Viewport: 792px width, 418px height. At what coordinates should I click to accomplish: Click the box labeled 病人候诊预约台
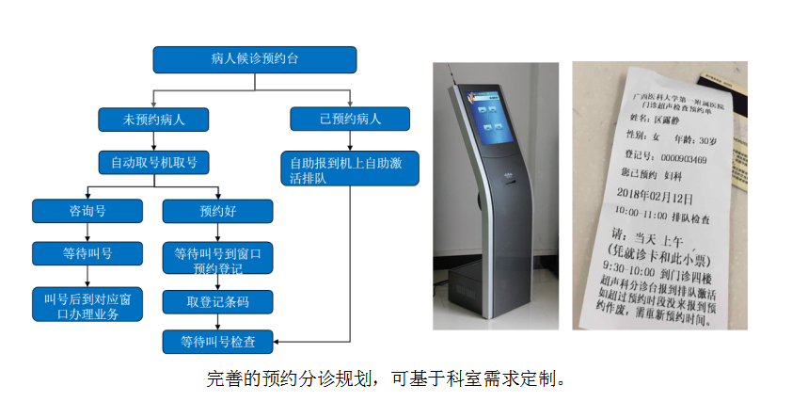click(255, 59)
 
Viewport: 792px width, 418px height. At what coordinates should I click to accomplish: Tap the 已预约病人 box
click(350, 119)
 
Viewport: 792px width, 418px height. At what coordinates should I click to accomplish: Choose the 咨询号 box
click(86, 211)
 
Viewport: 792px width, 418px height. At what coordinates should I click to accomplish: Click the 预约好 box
click(217, 211)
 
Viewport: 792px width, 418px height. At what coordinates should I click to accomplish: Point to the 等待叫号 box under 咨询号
click(86, 253)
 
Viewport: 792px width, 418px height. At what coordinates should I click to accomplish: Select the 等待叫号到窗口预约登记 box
click(217, 261)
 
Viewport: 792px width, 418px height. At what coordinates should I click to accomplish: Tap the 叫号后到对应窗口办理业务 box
click(86, 305)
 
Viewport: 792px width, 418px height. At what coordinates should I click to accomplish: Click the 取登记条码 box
click(217, 301)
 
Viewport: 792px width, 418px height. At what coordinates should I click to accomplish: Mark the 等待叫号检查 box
click(217, 341)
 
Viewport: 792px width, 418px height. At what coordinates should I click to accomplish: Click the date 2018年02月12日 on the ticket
click(662, 198)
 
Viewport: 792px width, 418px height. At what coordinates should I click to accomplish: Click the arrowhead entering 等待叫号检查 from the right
click(277, 341)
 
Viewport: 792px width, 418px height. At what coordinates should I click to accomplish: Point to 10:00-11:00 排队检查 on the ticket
click(670, 214)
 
